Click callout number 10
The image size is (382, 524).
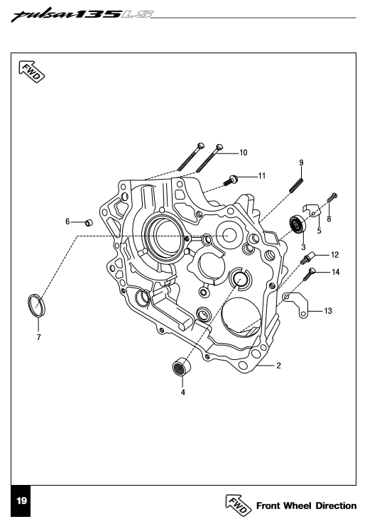(x=244, y=153)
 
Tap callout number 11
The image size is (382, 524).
(x=262, y=176)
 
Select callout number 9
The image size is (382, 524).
(x=302, y=163)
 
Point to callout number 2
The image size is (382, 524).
(x=278, y=366)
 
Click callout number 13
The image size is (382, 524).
(x=328, y=311)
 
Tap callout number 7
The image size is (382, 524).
(x=39, y=337)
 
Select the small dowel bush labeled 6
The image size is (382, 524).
(x=89, y=222)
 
